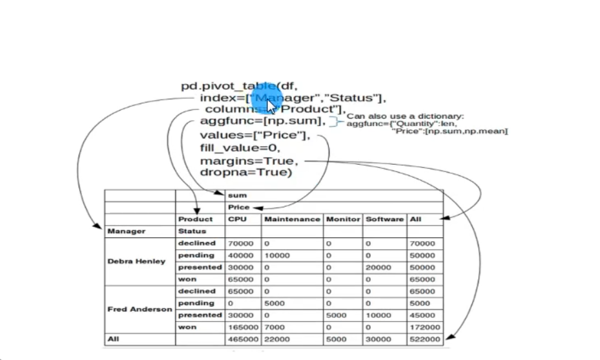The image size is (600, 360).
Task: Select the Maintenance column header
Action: tap(293, 219)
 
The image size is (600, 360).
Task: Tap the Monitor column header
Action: tap(342, 219)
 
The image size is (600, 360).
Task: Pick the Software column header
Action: tap(384, 219)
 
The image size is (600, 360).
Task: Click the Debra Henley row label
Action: tap(137, 261)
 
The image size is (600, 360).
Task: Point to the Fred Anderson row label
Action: tap(140, 309)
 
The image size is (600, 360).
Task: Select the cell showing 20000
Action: tap(378, 268)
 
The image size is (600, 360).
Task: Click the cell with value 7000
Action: tap(274, 328)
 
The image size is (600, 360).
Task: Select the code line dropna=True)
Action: tap(246, 173)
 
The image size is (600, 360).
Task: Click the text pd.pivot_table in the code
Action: tap(229, 86)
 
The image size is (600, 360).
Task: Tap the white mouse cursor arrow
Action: tap(272, 107)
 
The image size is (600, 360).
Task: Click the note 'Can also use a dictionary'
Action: tap(406, 116)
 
